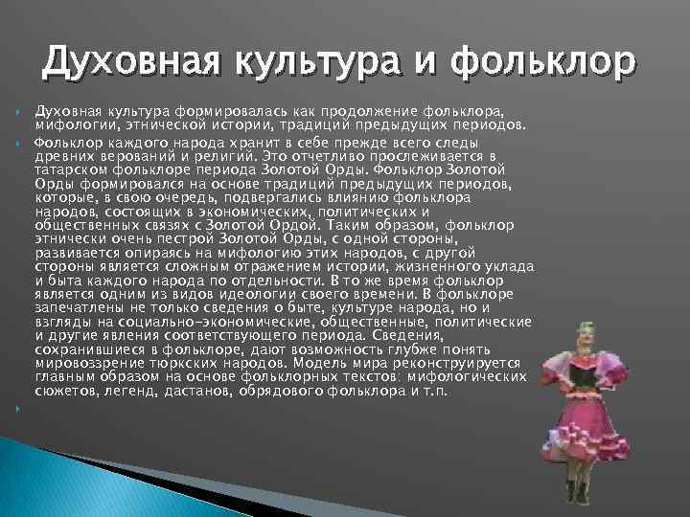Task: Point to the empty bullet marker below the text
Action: [x=19, y=408]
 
